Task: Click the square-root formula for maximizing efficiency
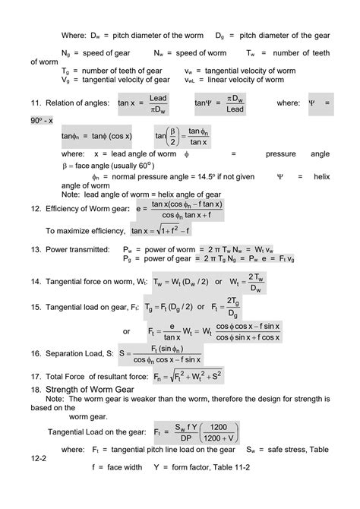160,229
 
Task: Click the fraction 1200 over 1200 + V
219,432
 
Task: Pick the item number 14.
36,283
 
